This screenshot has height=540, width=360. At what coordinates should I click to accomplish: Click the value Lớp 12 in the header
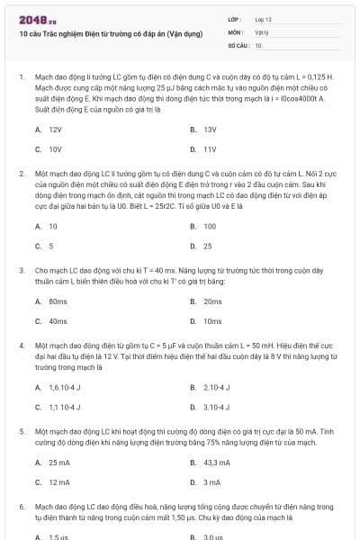coord(263,19)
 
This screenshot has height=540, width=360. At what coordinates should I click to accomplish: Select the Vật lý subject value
coord(261,31)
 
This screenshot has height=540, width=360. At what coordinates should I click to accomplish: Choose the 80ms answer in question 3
coord(58,301)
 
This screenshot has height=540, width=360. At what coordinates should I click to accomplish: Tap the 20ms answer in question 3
coord(212,301)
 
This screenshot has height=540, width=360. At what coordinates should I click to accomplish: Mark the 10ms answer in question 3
coord(212,320)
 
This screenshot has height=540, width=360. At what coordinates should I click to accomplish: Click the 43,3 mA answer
coord(217,462)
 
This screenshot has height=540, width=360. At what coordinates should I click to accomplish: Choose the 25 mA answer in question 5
coord(58,462)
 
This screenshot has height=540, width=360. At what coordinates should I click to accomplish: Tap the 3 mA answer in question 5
coord(211,481)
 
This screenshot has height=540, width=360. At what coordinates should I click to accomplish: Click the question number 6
coord(21,508)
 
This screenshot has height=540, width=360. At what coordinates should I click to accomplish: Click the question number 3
coord(21,269)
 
